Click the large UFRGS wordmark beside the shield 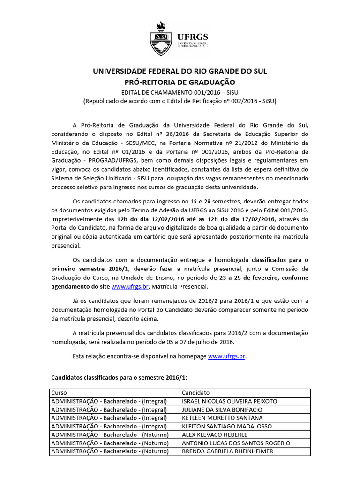pyautogui.click(x=192, y=37)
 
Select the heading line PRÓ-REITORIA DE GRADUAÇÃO pyautogui.click(x=180, y=82)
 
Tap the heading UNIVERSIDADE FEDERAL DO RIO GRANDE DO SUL pyautogui.click(x=180, y=71)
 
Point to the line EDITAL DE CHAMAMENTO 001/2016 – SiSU pyautogui.click(x=180, y=91)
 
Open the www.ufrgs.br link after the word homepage pyautogui.click(x=226, y=356)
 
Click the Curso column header pyautogui.click(x=59, y=392)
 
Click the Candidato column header pyautogui.click(x=196, y=392)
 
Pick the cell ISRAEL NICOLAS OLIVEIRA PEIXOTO pyautogui.click(x=230, y=401)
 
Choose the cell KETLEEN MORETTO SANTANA pyautogui.click(x=222, y=418)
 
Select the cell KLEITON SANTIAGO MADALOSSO pyautogui.click(x=226, y=426)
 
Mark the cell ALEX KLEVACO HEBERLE pyautogui.click(x=215, y=435)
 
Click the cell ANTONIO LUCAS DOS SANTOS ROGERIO pyautogui.click(x=236, y=443)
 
